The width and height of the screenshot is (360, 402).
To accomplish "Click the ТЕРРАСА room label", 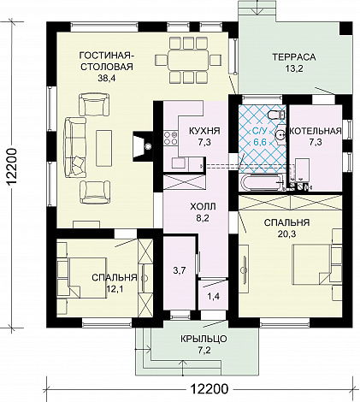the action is pos(294,57).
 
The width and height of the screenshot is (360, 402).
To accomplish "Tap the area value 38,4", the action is pos(107,79).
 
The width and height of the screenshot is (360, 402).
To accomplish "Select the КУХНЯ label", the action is pos(204,131).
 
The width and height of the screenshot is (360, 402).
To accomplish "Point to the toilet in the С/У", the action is pos(276,115).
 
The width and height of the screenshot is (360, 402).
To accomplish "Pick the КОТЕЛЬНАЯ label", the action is pos(316,131).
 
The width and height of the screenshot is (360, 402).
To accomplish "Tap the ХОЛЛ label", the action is pos(203,206).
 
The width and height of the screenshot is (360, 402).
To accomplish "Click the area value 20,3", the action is pos(286,234).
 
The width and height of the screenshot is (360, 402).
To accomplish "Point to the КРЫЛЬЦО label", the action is pos(204,339).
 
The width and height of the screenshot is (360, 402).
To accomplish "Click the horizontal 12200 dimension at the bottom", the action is pos(210,388).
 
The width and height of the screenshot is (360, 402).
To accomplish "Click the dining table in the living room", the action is pos(188,60).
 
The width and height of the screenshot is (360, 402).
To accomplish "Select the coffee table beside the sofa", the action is pos(103,148).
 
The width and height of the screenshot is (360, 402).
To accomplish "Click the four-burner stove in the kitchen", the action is pos(170,138).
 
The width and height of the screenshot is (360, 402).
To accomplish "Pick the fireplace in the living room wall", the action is pos(143,146).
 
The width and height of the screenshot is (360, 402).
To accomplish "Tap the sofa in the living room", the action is pos(75,147).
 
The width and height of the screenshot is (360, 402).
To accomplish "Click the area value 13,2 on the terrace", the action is pos(294,68).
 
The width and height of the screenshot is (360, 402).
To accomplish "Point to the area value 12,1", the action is pos(115,289).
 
